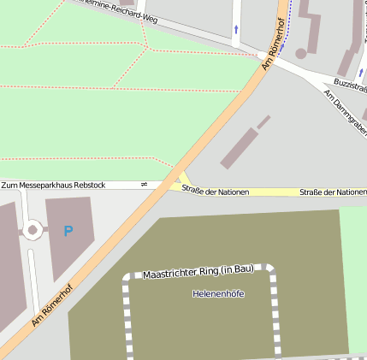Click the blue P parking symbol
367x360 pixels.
68,231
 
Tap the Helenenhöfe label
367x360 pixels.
218,293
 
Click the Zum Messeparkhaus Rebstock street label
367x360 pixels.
53,185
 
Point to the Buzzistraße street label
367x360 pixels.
350,88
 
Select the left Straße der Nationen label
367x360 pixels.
215,192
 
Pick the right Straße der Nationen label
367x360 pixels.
333,192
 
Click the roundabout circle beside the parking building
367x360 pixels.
33,229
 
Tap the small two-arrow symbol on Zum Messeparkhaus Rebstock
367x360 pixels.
144,184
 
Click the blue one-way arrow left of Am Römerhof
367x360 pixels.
236,30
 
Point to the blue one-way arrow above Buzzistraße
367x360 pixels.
361,73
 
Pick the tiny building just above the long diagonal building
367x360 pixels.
263,121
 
